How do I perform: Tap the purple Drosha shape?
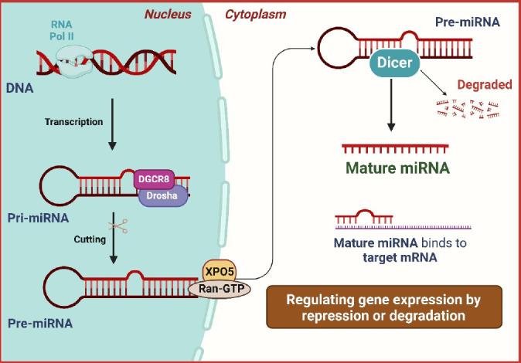(x=160, y=196)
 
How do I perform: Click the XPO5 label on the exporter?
(x=219, y=270)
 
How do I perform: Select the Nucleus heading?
(x=170, y=14)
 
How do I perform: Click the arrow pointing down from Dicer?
(x=393, y=104)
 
